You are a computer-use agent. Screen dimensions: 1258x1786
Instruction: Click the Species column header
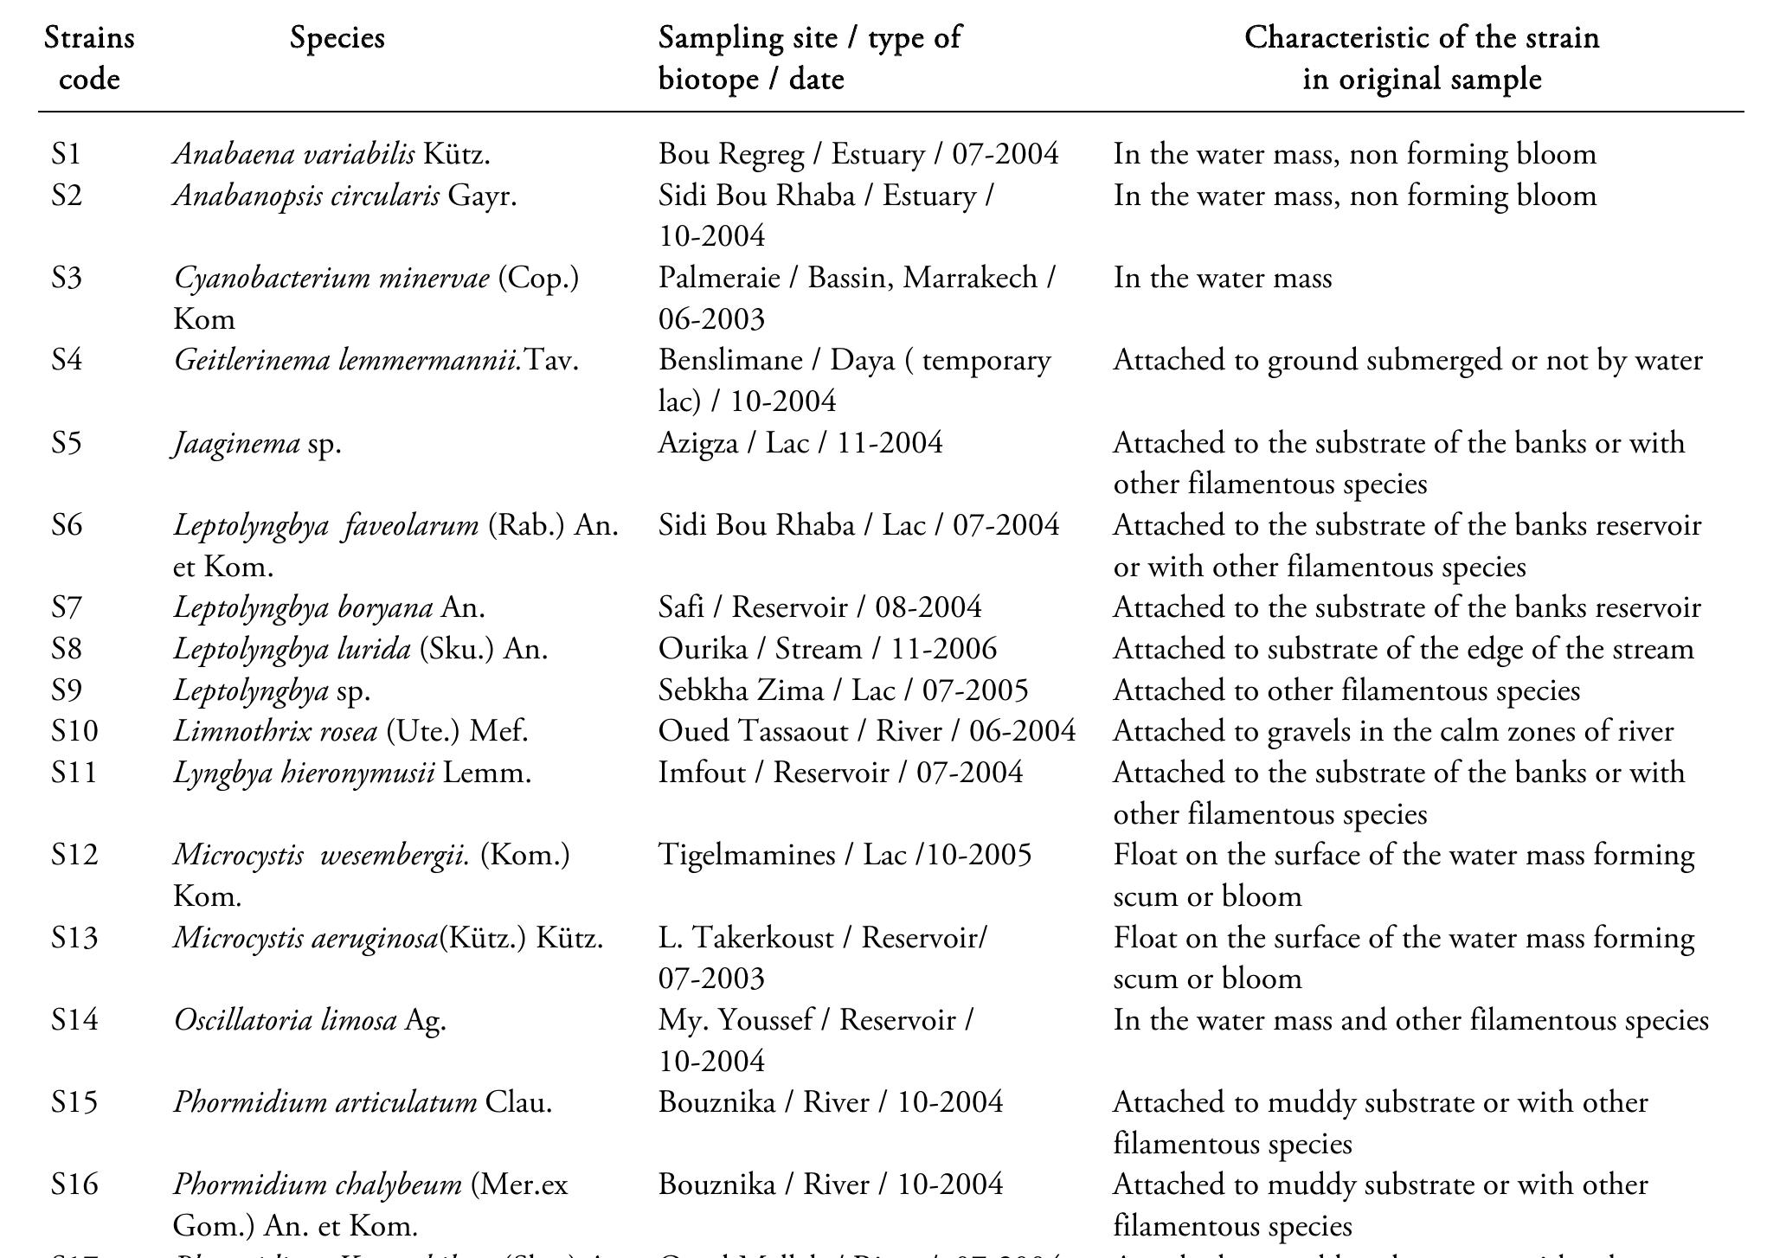point(337,38)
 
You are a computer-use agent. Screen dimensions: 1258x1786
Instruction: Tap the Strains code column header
point(89,58)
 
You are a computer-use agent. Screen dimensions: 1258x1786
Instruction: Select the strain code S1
point(66,154)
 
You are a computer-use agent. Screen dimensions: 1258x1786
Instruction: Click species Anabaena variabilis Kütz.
point(331,154)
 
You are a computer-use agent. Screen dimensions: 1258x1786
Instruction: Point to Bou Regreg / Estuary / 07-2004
point(858,154)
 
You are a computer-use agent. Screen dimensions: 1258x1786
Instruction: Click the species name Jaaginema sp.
point(257,443)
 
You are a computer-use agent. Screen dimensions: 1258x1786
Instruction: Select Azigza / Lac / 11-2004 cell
point(800,443)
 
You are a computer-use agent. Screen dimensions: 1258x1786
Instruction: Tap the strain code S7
point(66,607)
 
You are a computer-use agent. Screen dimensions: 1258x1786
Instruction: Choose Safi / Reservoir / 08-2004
point(819,607)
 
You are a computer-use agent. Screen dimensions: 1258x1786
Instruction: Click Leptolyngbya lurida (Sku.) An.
point(360,649)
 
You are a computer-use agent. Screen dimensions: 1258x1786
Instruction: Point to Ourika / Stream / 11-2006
point(827,649)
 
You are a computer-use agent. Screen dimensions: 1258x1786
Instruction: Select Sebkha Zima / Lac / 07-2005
point(843,690)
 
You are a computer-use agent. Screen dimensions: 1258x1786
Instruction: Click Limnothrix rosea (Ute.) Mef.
point(350,731)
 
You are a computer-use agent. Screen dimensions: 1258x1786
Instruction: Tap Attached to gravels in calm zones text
point(1392,731)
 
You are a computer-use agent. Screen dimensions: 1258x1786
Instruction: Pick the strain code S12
point(74,855)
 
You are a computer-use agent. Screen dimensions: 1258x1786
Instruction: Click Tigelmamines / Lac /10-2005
point(845,855)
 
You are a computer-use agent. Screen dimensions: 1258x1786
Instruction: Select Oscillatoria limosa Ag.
point(310,1020)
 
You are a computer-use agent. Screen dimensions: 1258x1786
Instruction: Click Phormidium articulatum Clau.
point(362,1102)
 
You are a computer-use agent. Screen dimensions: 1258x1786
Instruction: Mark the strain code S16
point(74,1184)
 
